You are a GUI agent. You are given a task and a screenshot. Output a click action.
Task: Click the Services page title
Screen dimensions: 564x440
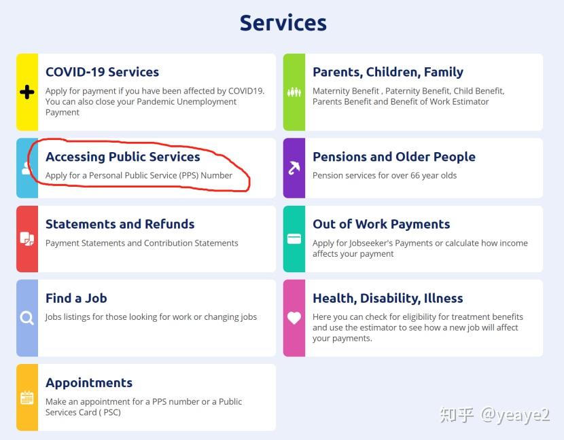click(x=283, y=23)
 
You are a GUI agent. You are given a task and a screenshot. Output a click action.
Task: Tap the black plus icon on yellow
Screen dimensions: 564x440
click(x=27, y=92)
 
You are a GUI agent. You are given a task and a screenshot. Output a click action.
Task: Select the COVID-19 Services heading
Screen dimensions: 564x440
click(x=102, y=72)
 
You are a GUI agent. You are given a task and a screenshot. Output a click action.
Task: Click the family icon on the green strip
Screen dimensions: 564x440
click(x=294, y=92)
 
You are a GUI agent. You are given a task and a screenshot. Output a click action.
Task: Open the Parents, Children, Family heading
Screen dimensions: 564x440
click(x=388, y=72)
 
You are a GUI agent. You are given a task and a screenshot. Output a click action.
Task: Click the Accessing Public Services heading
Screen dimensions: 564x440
click(x=123, y=157)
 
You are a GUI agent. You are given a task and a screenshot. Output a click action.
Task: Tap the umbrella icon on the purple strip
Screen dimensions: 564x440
click(x=294, y=168)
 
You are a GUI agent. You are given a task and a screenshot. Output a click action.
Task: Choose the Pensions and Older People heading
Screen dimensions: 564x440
click(x=394, y=157)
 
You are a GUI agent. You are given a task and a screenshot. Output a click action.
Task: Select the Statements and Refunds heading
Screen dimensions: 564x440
click(x=120, y=224)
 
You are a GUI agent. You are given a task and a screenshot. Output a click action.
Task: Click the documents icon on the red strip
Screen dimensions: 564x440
click(x=27, y=239)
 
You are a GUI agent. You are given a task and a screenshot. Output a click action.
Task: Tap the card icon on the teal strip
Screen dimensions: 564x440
click(x=294, y=239)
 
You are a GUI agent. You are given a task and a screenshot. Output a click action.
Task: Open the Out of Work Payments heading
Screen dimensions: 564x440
click(x=381, y=224)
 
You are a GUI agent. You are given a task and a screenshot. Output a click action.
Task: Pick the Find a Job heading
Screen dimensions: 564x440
click(x=76, y=298)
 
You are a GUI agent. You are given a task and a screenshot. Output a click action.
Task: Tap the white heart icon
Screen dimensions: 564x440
click(x=294, y=318)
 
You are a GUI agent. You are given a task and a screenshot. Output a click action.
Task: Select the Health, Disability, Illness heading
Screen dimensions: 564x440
click(x=388, y=298)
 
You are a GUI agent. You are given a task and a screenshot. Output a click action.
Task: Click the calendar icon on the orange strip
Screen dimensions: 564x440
click(x=27, y=398)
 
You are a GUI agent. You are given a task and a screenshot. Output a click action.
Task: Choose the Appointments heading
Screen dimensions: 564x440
click(x=89, y=383)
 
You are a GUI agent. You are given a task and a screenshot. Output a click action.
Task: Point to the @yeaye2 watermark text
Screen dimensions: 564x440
click(x=515, y=415)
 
